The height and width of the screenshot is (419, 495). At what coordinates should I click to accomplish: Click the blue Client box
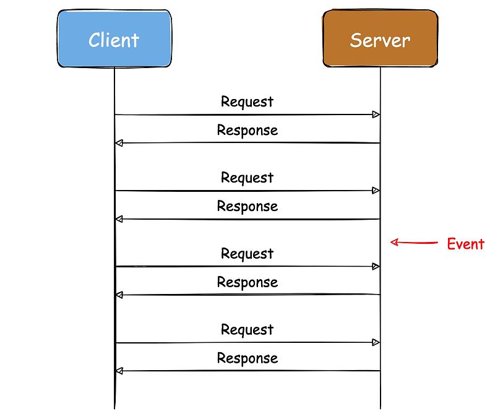(114, 39)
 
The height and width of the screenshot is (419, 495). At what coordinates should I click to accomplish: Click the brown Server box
(380, 39)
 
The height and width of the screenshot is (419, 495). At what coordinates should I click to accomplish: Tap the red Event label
(465, 244)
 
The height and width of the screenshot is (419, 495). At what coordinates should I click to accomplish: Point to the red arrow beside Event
(413, 243)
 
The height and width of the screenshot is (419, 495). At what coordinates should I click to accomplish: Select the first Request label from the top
(247, 102)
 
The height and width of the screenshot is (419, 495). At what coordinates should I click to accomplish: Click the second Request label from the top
(247, 178)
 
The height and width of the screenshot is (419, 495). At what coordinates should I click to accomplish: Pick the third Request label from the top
(247, 254)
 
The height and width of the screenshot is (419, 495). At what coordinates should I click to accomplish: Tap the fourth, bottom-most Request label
(247, 330)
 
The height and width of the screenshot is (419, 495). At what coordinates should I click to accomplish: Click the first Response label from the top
(247, 130)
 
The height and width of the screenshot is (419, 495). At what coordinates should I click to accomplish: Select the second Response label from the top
(247, 206)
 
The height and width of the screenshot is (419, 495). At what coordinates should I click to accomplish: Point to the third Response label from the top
(247, 282)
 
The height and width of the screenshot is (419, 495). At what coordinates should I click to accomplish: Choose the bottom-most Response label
(247, 358)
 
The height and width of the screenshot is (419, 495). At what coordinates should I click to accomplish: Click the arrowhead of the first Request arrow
(375, 114)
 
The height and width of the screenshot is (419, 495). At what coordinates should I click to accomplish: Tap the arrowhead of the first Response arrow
(119, 143)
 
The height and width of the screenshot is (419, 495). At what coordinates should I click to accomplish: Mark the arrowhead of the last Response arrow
(119, 371)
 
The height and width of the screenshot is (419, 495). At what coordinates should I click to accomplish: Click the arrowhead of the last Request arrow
(375, 342)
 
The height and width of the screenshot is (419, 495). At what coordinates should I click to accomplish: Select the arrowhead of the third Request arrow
(375, 266)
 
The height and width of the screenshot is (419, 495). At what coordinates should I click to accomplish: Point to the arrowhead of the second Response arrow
(119, 219)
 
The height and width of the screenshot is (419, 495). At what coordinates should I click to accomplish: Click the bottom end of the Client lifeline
(114, 407)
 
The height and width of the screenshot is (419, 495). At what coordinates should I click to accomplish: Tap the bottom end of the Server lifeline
(381, 407)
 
